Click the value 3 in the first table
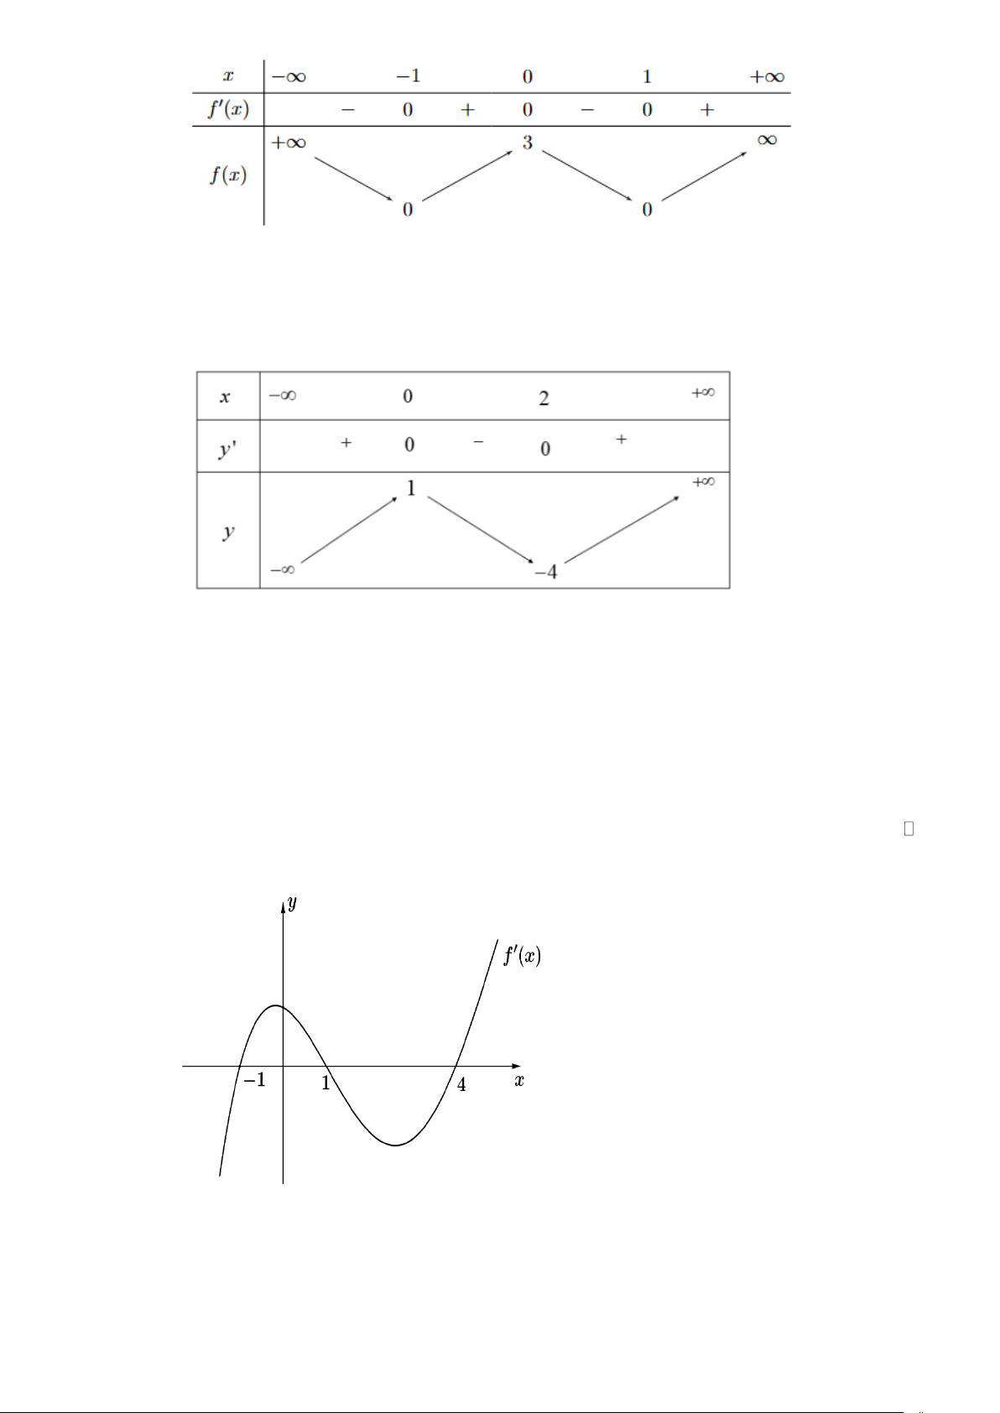point(527,143)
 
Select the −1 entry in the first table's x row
point(408,76)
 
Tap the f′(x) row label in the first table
point(228,109)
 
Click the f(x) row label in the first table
point(228,175)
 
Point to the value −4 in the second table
point(545,572)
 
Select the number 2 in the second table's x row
point(544,398)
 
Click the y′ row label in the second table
point(227,449)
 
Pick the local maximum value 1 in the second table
point(411,488)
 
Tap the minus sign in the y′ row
point(478,441)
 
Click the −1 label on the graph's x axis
point(254,1080)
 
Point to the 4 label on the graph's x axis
point(461,1085)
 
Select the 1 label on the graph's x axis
point(326,1083)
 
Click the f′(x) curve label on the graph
point(522,955)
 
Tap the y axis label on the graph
point(292,903)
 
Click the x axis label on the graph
point(519,1081)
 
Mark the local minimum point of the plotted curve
point(397,1145)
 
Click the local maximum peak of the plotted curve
point(276,1005)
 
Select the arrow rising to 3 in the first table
point(467,176)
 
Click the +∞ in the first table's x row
point(767,77)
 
